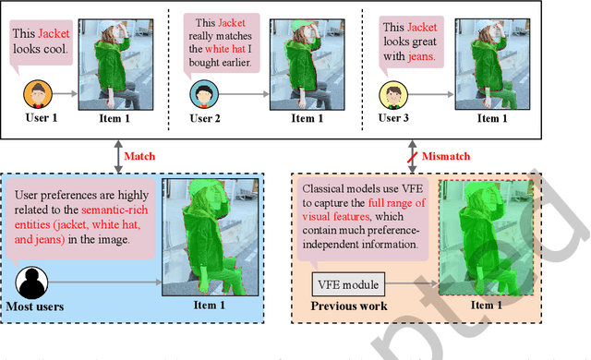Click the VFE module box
coord(343,284)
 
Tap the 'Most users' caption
coord(38,305)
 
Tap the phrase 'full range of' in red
coord(395,202)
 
